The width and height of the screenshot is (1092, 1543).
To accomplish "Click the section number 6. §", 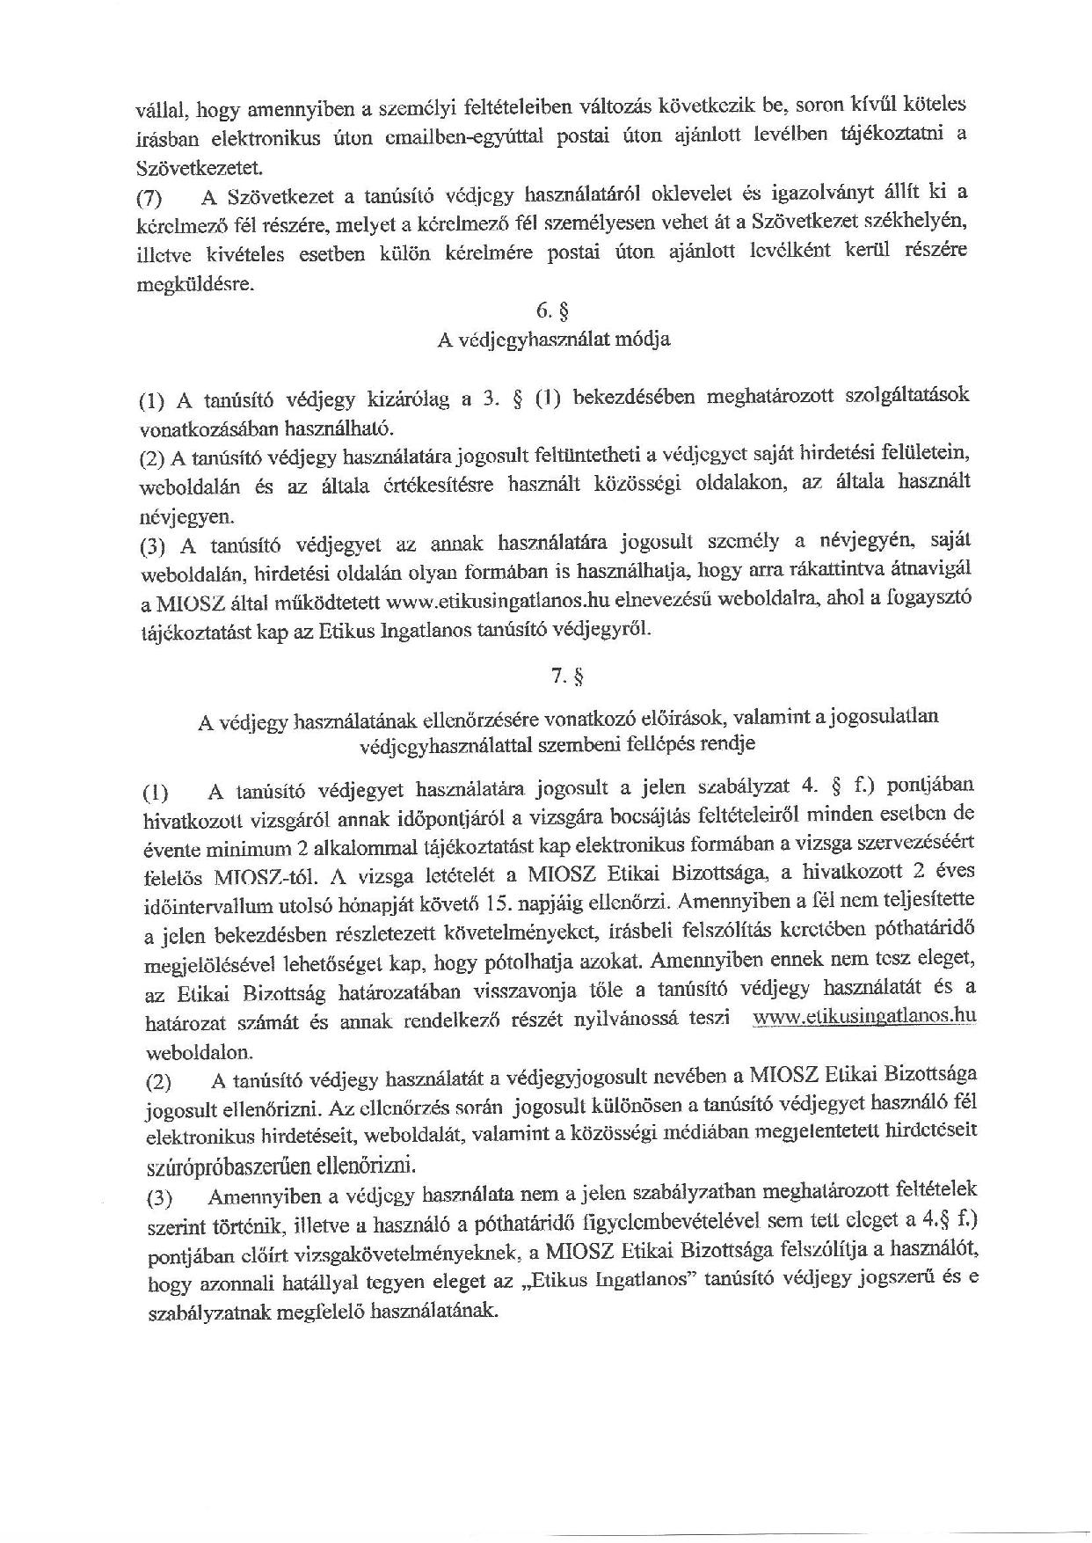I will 554,310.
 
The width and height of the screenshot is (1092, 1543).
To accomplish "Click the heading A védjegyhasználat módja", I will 554,340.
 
